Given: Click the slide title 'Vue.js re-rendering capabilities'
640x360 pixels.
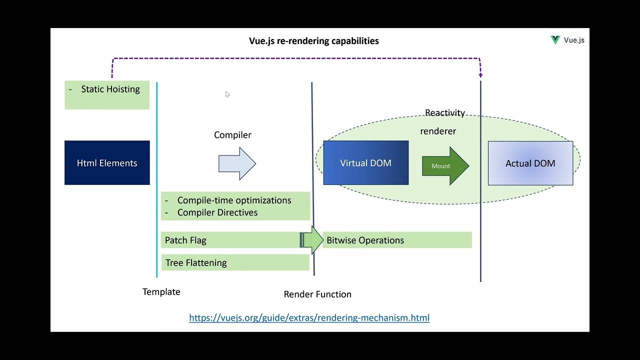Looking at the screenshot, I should pyautogui.click(x=313, y=41).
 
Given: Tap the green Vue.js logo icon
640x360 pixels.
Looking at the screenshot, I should pyautogui.click(x=555, y=40).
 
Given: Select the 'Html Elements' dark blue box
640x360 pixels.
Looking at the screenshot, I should pyautogui.click(x=107, y=163).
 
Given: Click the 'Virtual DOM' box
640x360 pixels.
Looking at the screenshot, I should pyautogui.click(x=365, y=163).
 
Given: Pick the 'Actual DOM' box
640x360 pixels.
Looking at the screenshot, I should pyautogui.click(x=530, y=163).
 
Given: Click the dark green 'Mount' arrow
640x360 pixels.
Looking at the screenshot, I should pyautogui.click(x=444, y=166).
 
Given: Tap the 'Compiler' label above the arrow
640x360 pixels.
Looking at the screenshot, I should pyautogui.click(x=232, y=135).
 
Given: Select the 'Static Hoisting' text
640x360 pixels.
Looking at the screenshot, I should pyautogui.click(x=110, y=89).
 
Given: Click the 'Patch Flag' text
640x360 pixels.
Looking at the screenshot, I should pyautogui.click(x=185, y=240).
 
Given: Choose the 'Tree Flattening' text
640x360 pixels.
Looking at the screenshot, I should pyautogui.click(x=196, y=263).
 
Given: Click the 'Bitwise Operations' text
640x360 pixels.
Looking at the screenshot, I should pyautogui.click(x=365, y=240).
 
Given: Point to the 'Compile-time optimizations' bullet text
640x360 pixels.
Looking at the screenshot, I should pyautogui.click(x=234, y=200).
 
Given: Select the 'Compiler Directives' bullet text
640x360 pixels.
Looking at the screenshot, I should pyautogui.click(x=217, y=212).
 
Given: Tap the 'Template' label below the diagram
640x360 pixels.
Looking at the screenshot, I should pyautogui.click(x=161, y=292).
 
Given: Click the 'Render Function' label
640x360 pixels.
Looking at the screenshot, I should pyautogui.click(x=317, y=294).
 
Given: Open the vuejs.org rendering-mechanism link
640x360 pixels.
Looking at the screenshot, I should pyautogui.click(x=309, y=318).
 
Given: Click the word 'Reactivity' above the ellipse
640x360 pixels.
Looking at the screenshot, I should pyautogui.click(x=445, y=113).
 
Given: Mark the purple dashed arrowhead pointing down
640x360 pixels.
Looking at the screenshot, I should pyautogui.click(x=480, y=75).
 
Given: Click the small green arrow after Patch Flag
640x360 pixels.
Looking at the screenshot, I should pyautogui.click(x=312, y=240).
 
